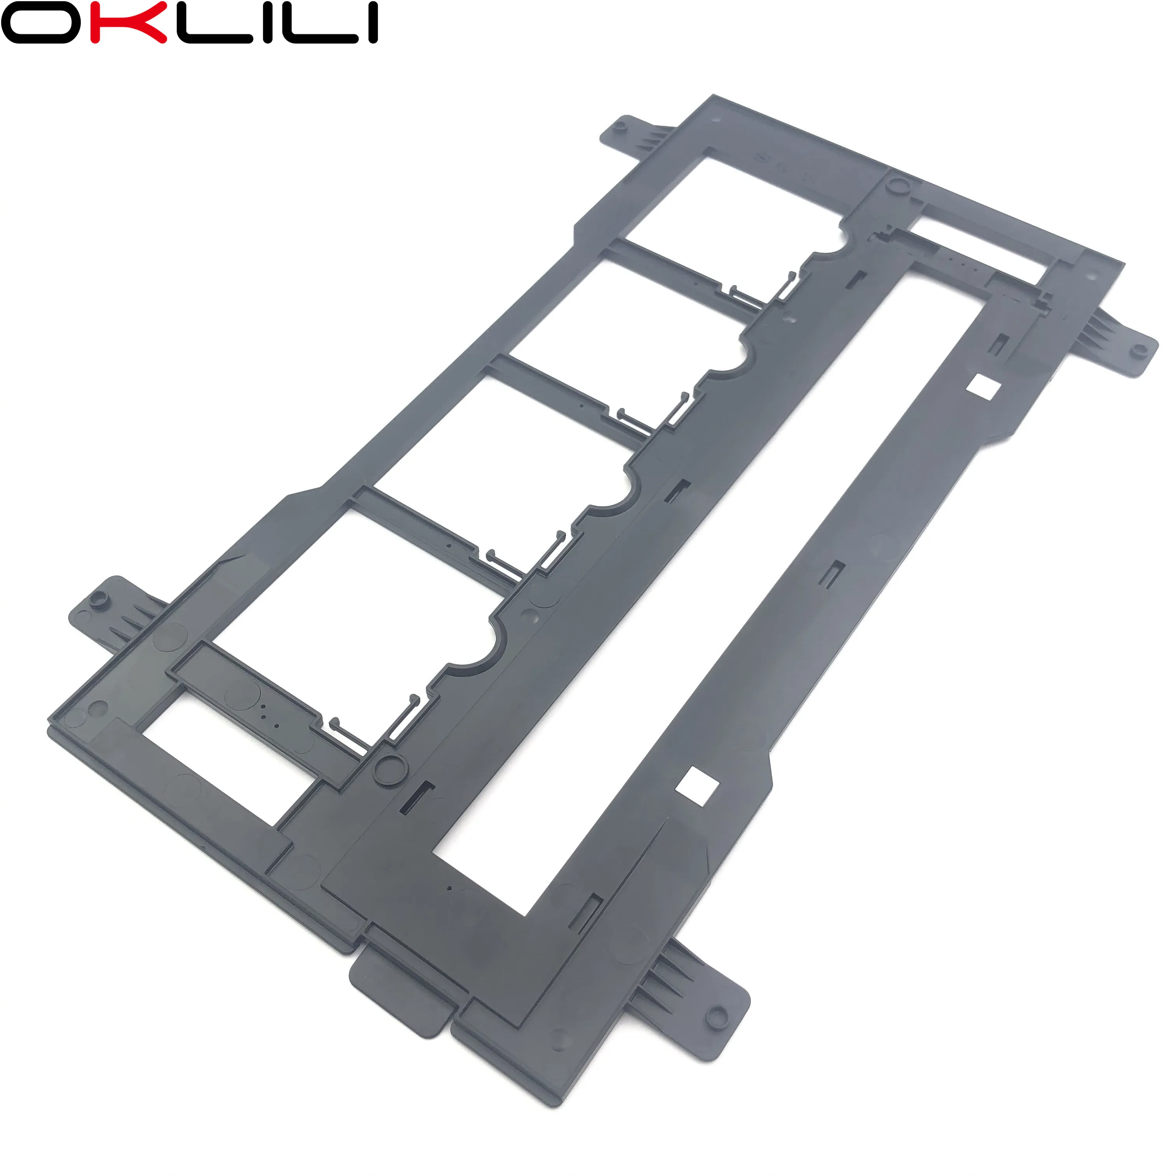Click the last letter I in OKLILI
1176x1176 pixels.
[369, 22]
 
